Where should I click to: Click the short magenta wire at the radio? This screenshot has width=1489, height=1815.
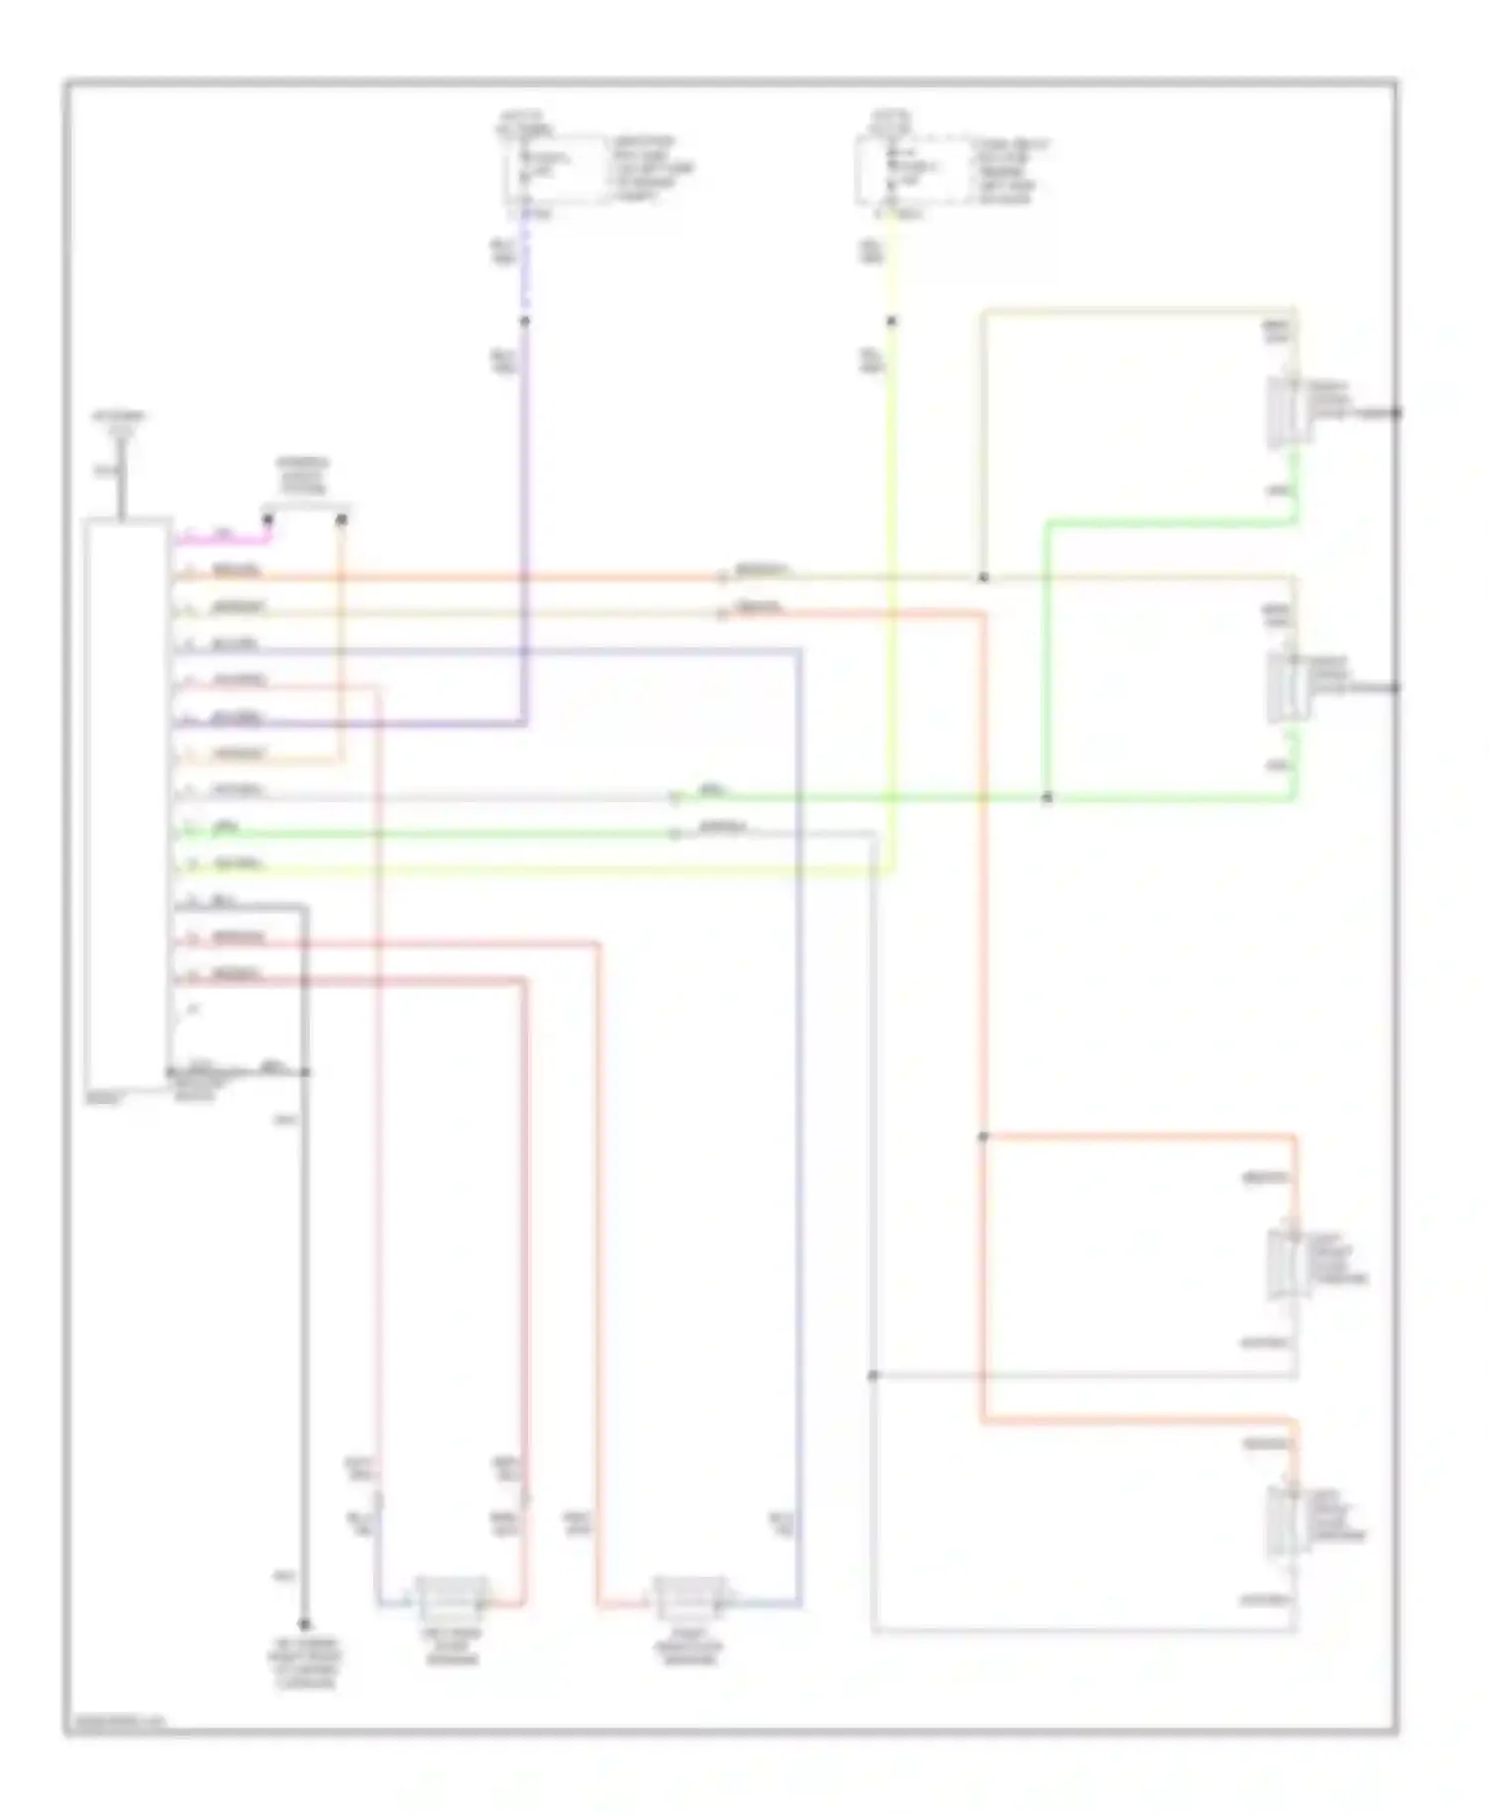[x=223, y=542]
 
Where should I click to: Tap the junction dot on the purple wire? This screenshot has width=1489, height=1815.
[x=525, y=321]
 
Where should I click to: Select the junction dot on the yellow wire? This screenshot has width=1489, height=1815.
[x=891, y=321]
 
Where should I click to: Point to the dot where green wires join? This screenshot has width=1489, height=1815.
[x=1046, y=797]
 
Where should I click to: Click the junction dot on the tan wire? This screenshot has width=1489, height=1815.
[x=983, y=578]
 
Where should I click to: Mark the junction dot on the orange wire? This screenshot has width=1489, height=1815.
[x=983, y=1137]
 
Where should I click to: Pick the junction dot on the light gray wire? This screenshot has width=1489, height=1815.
[x=873, y=1375]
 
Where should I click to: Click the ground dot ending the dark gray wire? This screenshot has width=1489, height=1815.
[x=304, y=1624]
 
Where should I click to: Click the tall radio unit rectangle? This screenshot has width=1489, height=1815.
[x=127, y=804]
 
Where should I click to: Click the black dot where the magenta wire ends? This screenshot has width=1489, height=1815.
[x=268, y=519]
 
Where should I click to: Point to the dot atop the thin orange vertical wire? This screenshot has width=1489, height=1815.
[x=341, y=519]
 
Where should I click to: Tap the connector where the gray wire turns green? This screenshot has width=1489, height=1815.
[x=675, y=797]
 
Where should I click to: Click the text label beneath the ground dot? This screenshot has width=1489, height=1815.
[x=304, y=1669]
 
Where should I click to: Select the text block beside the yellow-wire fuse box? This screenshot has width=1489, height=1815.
[x=1009, y=171]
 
